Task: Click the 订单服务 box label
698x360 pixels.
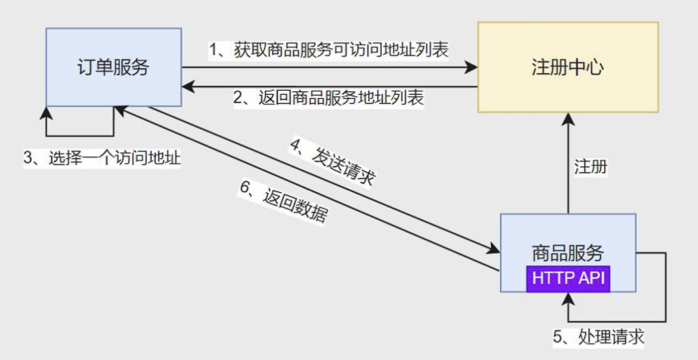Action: [x=113, y=68]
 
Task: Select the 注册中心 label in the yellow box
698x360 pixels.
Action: [x=567, y=68]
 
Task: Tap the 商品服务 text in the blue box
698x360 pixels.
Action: [x=567, y=253]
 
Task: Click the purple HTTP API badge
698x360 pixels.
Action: [x=568, y=278]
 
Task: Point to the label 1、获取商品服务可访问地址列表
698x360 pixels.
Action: [x=329, y=49]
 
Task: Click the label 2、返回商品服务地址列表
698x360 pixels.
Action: [x=329, y=97]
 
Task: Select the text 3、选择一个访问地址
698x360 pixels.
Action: [x=102, y=158]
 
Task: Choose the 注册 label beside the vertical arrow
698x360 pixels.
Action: [x=590, y=166]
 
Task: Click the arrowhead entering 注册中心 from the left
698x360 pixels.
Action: [x=472, y=67]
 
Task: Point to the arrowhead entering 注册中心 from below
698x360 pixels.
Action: [x=567, y=118]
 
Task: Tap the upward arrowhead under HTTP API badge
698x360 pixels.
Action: [x=567, y=298]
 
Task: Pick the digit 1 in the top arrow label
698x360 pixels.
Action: [x=212, y=49]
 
